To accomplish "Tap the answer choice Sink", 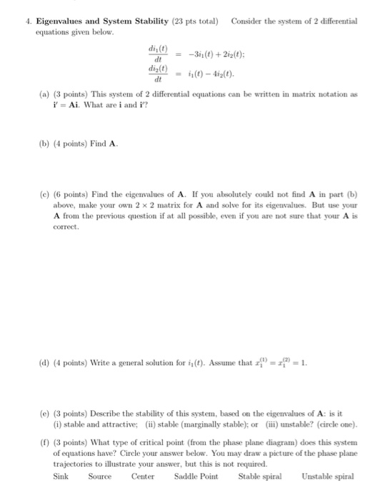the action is [62, 476].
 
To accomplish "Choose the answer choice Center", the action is [144, 476].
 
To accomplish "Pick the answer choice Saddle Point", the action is [195, 476].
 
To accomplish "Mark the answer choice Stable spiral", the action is [261, 476].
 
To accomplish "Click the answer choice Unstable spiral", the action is [328, 476].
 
